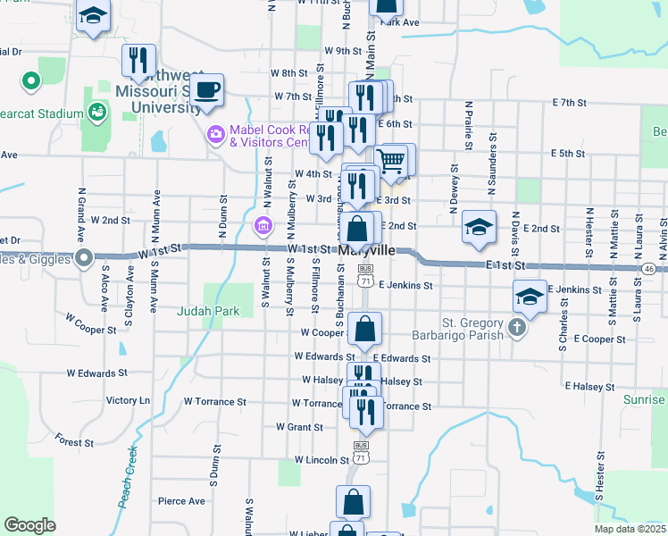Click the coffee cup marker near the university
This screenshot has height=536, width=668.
click(x=207, y=90)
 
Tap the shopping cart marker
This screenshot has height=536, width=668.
click(x=391, y=162)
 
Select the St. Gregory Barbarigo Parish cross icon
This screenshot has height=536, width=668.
click(x=516, y=329)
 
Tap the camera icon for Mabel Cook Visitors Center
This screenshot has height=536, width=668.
click(x=215, y=135)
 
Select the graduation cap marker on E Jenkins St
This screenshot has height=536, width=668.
click(x=530, y=297)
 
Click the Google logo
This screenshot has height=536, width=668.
click(x=29, y=524)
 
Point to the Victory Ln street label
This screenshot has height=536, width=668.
click(x=128, y=400)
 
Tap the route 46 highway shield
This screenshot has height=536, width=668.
click(x=648, y=269)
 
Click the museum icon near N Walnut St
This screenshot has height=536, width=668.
click(x=263, y=227)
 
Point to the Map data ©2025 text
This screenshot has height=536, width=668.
click(x=630, y=528)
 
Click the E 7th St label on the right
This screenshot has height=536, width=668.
click(x=568, y=104)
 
